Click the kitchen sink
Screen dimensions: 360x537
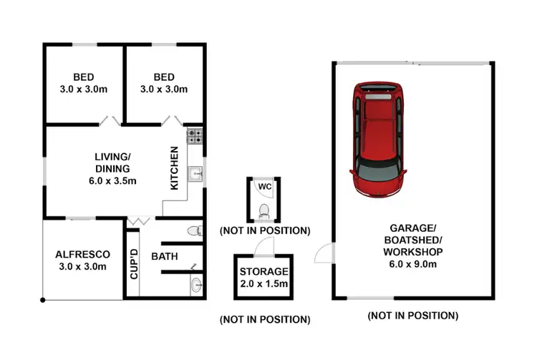click(x=195, y=172)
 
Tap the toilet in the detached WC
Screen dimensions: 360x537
click(x=264, y=210)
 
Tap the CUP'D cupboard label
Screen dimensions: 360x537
click(x=133, y=263)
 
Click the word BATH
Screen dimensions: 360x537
click(x=164, y=256)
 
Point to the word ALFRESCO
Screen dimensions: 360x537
click(x=82, y=254)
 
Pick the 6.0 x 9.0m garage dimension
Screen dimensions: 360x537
click(x=412, y=264)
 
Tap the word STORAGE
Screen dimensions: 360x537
click(x=264, y=272)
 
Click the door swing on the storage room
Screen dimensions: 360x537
click(x=266, y=245)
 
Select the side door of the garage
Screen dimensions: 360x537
click(x=324, y=252)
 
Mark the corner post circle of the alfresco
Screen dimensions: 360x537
click(x=43, y=299)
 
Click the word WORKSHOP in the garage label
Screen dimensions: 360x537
click(x=412, y=252)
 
